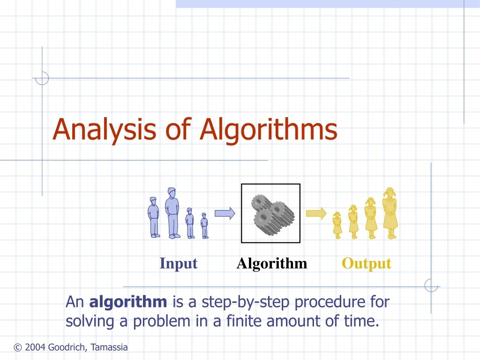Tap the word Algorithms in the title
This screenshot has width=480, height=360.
pos(268,130)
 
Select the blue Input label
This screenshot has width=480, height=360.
pos(178,263)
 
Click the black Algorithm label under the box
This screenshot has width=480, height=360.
pos(272,263)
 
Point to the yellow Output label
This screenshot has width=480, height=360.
pos(366,263)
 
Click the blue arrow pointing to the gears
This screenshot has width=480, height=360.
pos(225,213)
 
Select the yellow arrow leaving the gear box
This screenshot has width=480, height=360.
pos(316,213)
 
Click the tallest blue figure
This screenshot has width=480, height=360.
pos(172,213)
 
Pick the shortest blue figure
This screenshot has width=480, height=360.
pos(204,226)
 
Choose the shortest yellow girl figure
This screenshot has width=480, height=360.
pos(337,225)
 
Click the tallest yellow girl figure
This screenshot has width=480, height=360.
pos(390,213)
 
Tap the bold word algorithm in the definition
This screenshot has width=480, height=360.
pos(128,302)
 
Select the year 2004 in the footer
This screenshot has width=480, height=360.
pos(35,347)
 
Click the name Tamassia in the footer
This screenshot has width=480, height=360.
pos(109,347)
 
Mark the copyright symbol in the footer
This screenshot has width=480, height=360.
pos(18,347)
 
